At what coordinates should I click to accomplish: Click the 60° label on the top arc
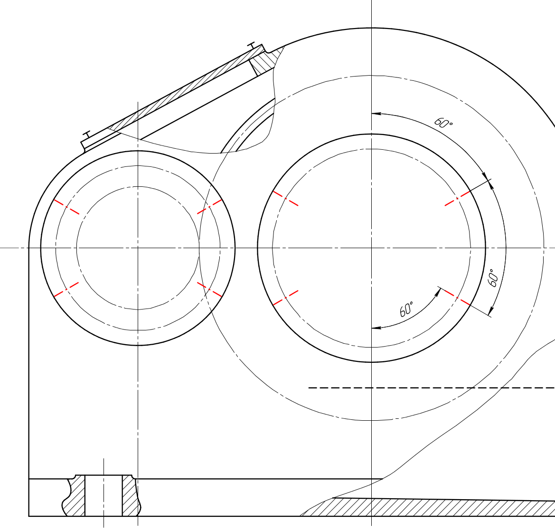point(443,123)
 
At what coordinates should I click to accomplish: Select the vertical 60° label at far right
point(493,278)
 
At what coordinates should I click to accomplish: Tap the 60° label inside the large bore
point(406,310)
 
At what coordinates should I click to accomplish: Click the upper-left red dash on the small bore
point(66,207)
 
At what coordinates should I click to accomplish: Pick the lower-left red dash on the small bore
point(66,289)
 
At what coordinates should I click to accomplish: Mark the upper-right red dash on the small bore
point(209,207)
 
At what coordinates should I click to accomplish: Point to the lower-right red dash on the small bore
point(209,289)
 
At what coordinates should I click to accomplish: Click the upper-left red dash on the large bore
point(286,198)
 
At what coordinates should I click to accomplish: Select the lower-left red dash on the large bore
point(286,298)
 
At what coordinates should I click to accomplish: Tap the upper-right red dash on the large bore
point(457,198)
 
